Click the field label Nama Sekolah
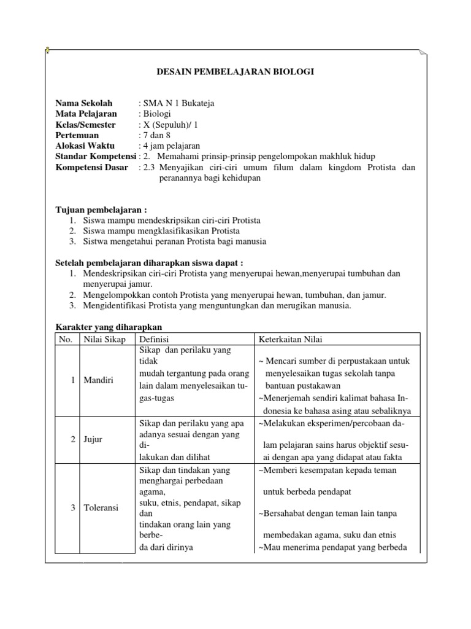pos(83,103)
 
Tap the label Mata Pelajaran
pos(86,114)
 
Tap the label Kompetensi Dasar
pos(92,167)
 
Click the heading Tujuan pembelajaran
pos(101,209)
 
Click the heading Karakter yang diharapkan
pos(109,327)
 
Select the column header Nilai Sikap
pos(105,339)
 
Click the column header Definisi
pos(154,339)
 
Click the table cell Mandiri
pos(99,380)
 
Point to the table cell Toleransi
pos(102,507)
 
